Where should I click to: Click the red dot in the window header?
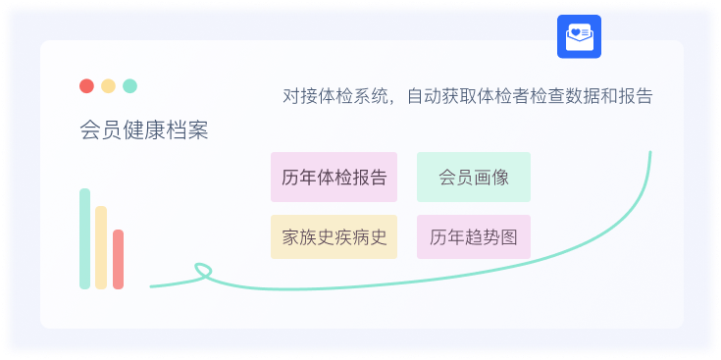click(86, 85)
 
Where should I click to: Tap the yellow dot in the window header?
click(108, 85)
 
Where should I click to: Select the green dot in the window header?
click(129, 85)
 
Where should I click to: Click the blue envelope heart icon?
click(579, 36)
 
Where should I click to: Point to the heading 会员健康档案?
click(143, 130)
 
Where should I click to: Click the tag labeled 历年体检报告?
click(334, 177)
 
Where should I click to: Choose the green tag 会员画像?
click(473, 177)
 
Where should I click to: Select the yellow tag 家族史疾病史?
click(334, 237)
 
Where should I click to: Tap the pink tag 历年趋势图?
click(473, 237)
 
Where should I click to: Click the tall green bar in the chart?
click(85, 238)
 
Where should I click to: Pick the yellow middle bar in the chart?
click(101, 247)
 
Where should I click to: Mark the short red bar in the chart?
click(118, 259)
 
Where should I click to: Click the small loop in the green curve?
click(203, 269)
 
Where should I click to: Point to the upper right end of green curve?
click(649, 153)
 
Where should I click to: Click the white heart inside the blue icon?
click(574, 33)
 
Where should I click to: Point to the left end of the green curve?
click(152, 286)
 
